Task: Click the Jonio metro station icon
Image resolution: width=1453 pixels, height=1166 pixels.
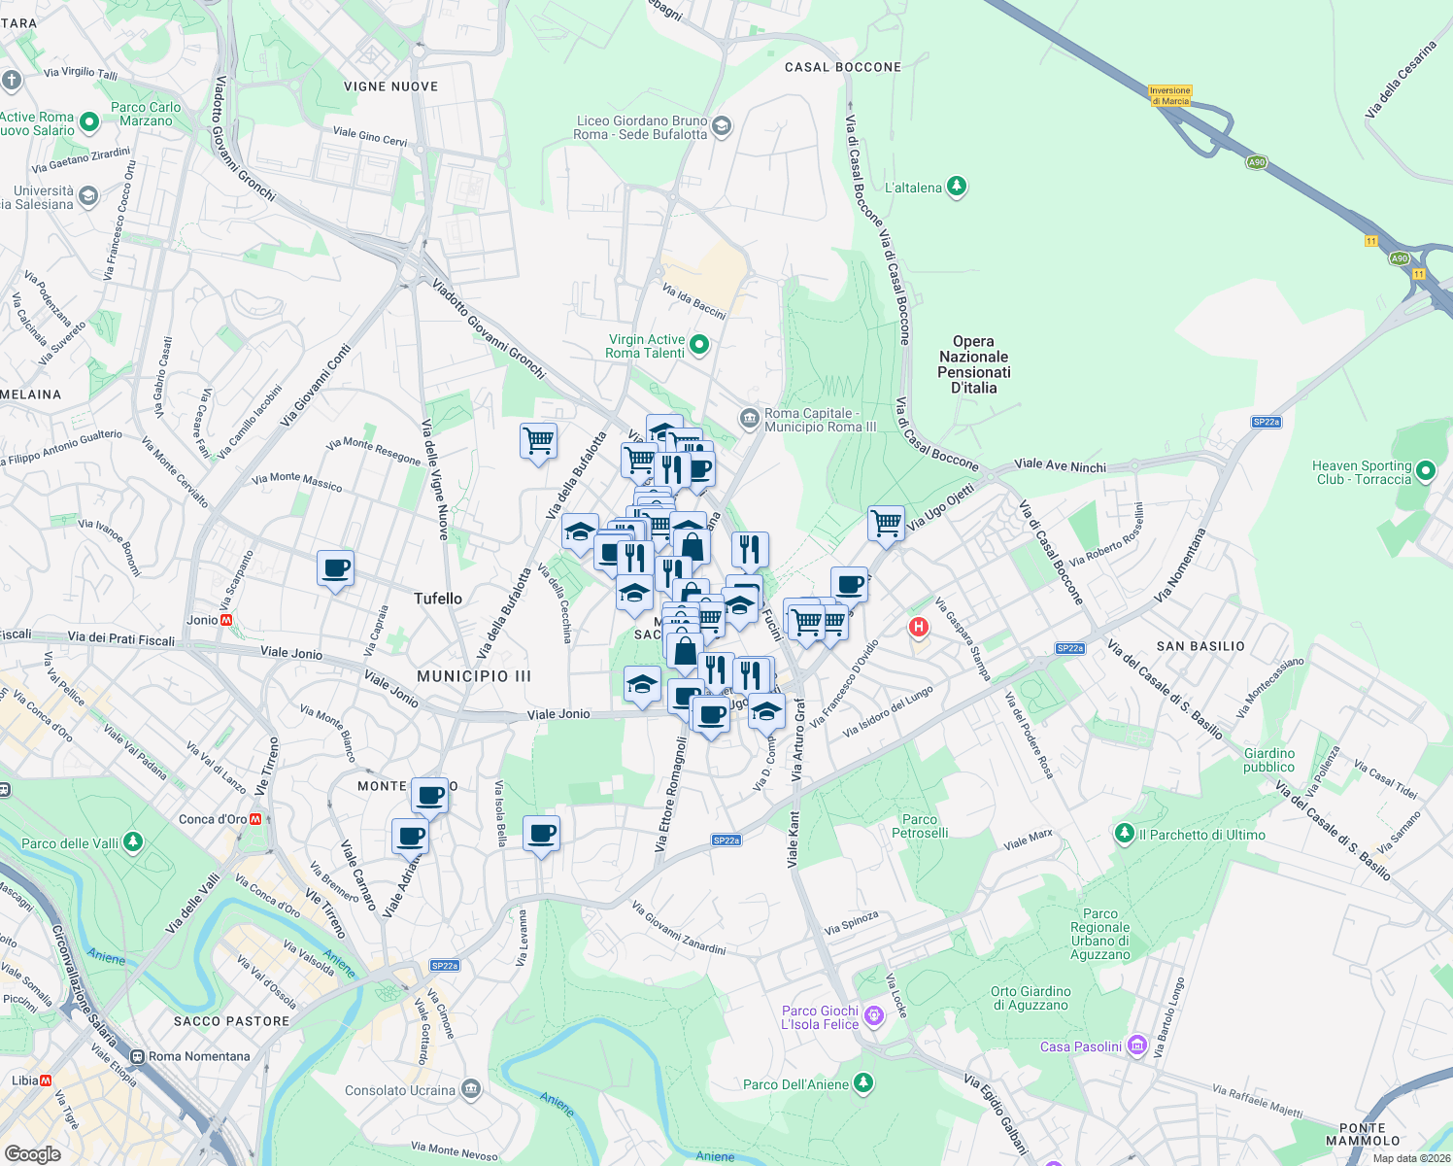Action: pyautogui.click(x=226, y=620)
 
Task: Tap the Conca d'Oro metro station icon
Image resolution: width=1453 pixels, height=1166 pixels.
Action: pyautogui.click(x=255, y=819)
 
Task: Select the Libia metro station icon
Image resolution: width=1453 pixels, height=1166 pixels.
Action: pyautogui.click(x=46, y=1080)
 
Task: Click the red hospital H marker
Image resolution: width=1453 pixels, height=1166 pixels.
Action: pyautogui.click(x=918, y=628)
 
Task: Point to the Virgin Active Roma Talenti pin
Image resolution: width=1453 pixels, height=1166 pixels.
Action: pyautogui.click(x=698, y=345)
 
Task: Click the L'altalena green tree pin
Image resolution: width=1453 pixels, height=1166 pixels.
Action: pyautogui.click(x=957, y=187)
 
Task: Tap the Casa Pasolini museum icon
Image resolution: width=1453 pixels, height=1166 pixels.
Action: pyautogui.click(x=1136, y=1046)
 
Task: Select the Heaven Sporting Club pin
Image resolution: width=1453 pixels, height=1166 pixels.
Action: pyautogui.click(x=1426, y=471)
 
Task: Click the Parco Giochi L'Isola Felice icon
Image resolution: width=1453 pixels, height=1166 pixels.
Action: pyautogui.click(x=873, y=1016)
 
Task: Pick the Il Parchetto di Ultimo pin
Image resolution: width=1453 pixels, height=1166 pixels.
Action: pyautogui.click(x=1125, y=834)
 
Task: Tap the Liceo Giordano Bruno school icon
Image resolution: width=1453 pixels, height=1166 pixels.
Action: pyautogui.click(x=721, y=126)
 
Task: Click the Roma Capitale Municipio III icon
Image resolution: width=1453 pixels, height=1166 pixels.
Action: pyautogui.click(x=749, y=419)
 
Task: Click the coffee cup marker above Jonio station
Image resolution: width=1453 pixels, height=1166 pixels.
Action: pyautogui.click(x=335, y=567)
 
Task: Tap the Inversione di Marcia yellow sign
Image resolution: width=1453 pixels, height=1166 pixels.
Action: pyautogui.click(x=1169, y=95)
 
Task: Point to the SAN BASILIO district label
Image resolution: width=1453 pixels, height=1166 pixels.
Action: pyautogui.click(x=1200, y=646)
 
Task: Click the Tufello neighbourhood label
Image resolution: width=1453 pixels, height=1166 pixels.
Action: pyautogui.click(x=438, y=599)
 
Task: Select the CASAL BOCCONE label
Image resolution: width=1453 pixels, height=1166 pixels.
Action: pyautogui.click(x=843, y=67)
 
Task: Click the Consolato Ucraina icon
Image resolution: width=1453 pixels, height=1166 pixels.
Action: pyautogui.click(x=471, y=1088)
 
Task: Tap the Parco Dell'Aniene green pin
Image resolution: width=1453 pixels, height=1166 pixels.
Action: pyautogui.click(x=862, y=1083)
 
